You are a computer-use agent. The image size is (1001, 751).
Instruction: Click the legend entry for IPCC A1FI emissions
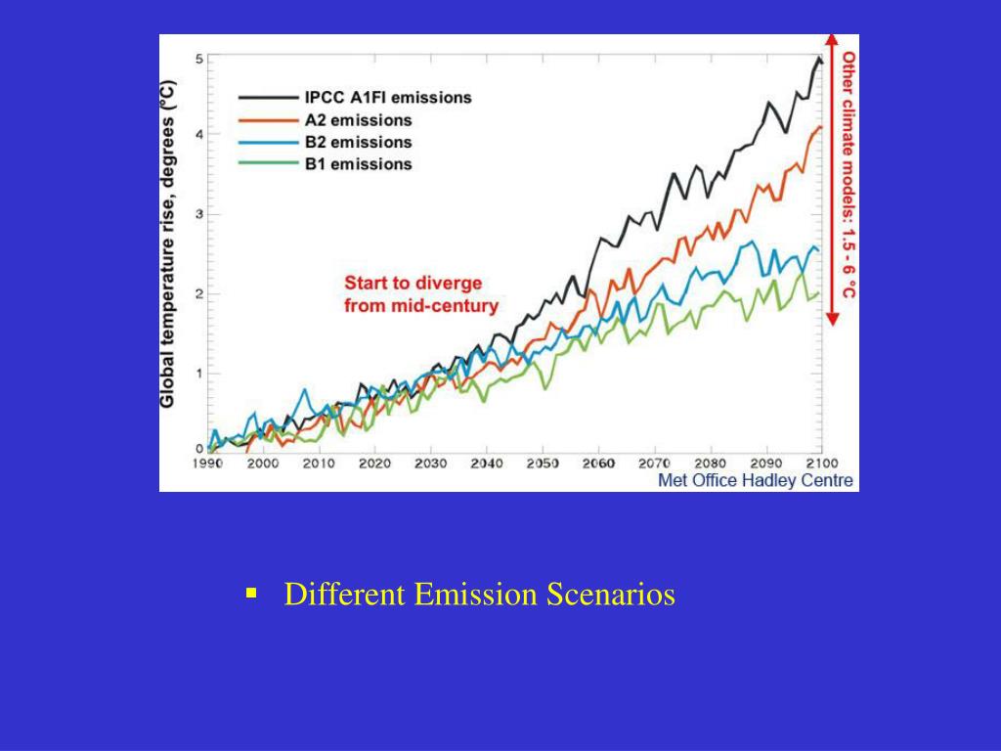pyautogui.click(x=388, y=98)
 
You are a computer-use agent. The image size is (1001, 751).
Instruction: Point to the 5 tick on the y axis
pyautogui.click(x=199, y=59)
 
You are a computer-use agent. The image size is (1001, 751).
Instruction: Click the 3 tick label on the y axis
pyautogui.click(x=199, y=214)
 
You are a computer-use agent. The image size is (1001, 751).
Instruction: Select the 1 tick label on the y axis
pyautogui.click(x=199, y=374)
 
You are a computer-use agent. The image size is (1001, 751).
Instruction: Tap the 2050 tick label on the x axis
pyautogui.click(x=543, y=464)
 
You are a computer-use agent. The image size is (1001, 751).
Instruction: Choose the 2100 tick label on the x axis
pyautogui.click(x=822, y=464)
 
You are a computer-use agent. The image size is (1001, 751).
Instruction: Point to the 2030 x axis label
pyautogui.click(x=430, y=464)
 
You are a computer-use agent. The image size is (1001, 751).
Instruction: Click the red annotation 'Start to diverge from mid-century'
pyautogui.click(x=420, y=294)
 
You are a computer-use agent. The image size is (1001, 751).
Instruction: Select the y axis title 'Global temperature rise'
pyautogui.click(x=168, y=244)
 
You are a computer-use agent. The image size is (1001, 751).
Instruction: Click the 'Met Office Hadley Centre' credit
pyautogui.click(x=755, y=480)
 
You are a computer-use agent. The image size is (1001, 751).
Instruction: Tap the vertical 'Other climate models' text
pyautogui.click(x=849, y=176)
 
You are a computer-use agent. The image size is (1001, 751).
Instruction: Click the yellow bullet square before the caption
pyautogui.click(x=251, y=593)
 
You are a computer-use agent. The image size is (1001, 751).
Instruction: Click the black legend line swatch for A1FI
pyautogui.click(x=268, y=98)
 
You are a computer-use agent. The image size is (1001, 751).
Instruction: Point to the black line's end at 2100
pyautogui.click(x=820, y=61)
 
